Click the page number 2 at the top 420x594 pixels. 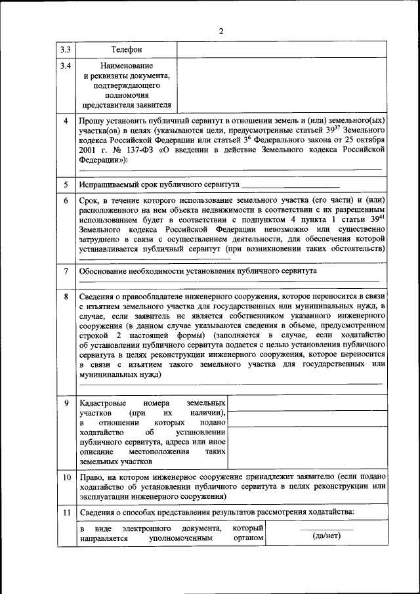pyautogui.click(x=221, y=30)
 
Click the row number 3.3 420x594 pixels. pyautogui.click(x=66, y=50)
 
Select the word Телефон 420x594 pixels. pyautogui.click(x=127, y=50)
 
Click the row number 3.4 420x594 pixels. pyautogui.click(x=66, y=66)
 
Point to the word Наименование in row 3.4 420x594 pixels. pyautogui.click(x=127, y=66)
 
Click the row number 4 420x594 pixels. pyautogui.click(x=66, y=121)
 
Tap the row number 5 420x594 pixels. pyautogui.click(x=66, y=184)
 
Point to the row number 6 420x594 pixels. pyautogui.click(x=66, y=200)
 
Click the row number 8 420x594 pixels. pyautogui.click(x=66, y=297)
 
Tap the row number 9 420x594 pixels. pyautogui.click(x=66, y=402)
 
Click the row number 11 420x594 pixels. pyautogui.click(x=66, y=512)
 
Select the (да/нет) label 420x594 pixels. pyautogui.click(x=326, y=536)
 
